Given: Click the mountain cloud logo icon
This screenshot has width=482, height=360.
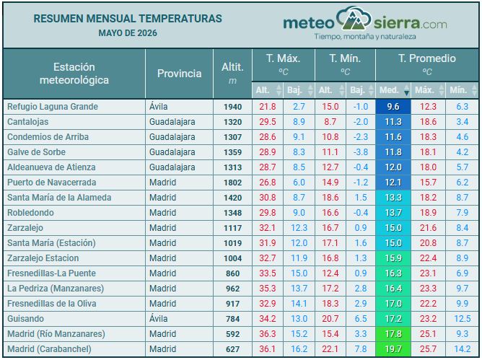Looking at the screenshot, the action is [354, 19].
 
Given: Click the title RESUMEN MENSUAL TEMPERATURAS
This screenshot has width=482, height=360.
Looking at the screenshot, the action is [128, 19].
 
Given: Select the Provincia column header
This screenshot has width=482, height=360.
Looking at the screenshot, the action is [179, 74].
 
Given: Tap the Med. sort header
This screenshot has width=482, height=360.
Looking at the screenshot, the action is [389, 90].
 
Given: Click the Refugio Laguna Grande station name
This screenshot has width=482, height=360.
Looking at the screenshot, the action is [53, 107].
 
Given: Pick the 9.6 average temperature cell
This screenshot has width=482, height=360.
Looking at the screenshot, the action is [393, 107].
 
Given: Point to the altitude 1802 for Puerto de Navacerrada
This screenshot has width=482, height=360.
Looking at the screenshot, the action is [232, 183].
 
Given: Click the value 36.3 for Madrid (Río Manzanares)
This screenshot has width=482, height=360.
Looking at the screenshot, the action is [268, 334].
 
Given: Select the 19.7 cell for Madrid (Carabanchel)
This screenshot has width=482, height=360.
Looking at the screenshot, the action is [393, 349].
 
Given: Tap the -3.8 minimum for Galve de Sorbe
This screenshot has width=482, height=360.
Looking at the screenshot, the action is [361, 152].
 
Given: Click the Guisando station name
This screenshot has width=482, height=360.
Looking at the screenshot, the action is [25, 319].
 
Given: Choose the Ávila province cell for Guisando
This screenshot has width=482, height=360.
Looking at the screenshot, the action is [158, 318].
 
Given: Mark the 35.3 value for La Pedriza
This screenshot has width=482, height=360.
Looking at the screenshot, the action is [268, 289].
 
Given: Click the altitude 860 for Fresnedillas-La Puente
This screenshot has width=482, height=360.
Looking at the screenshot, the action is [232, 273].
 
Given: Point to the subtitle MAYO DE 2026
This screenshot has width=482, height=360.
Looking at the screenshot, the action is [128, 33].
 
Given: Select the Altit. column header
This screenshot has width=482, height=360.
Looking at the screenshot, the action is [232, 67].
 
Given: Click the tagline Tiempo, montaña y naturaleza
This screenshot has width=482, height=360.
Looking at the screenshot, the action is [365, 37].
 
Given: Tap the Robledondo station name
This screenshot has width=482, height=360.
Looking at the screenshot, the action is [30, 213].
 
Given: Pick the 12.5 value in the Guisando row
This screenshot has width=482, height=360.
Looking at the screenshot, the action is [463, 319].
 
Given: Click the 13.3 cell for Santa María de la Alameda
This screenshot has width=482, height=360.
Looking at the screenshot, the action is [393, 198].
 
